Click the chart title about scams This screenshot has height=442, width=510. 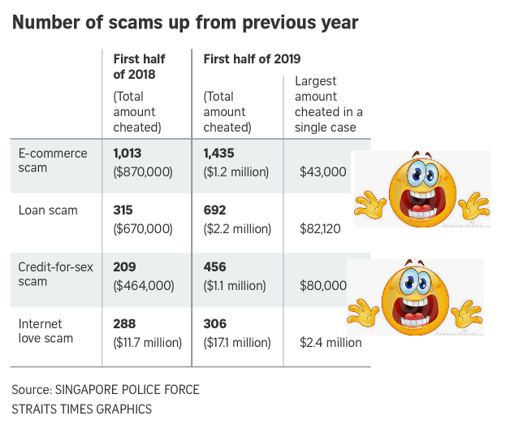coord(185,22)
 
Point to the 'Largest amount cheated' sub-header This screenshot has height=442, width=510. coord(328,104)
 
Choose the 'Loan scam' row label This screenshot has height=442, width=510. coord(48,210)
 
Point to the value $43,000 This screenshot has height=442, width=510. coord(322,171)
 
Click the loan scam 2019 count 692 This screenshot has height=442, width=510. coord(214,210)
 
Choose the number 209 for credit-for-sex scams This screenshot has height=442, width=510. coord(125,267)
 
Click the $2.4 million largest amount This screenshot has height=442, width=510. coord(330,342)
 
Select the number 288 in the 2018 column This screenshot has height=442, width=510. coord(125,323)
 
